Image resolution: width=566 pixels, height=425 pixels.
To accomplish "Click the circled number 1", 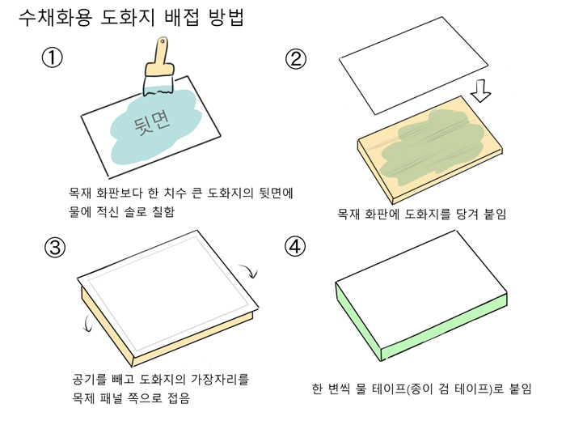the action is pos(52,57).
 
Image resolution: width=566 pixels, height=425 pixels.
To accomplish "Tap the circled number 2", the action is pos(296,59).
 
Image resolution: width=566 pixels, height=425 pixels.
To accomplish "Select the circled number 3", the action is pos(55,248).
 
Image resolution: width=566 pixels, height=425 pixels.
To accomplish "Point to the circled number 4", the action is pos(295,247).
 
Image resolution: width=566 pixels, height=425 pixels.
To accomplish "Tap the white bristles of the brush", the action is pos(158,86).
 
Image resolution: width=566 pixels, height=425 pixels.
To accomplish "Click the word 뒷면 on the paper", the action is pos(152,123).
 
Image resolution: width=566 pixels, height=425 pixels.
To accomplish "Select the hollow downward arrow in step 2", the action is pos(480,91).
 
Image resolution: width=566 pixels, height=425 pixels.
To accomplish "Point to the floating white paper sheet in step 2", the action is pos(413,66).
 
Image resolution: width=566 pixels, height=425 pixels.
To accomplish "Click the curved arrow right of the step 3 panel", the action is pos(249,270).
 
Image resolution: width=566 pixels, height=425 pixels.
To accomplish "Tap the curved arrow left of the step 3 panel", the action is pos(87,324).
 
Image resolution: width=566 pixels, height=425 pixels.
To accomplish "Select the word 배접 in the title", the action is pos(182,17).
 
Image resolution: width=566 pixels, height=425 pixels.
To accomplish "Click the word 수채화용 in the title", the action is pos(55,17).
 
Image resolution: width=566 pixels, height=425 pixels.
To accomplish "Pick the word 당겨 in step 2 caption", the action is pos(467,214).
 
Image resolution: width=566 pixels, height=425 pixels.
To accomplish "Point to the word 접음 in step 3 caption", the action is pos(179,398).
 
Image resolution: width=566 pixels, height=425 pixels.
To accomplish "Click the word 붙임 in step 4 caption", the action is pos(520,389).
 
